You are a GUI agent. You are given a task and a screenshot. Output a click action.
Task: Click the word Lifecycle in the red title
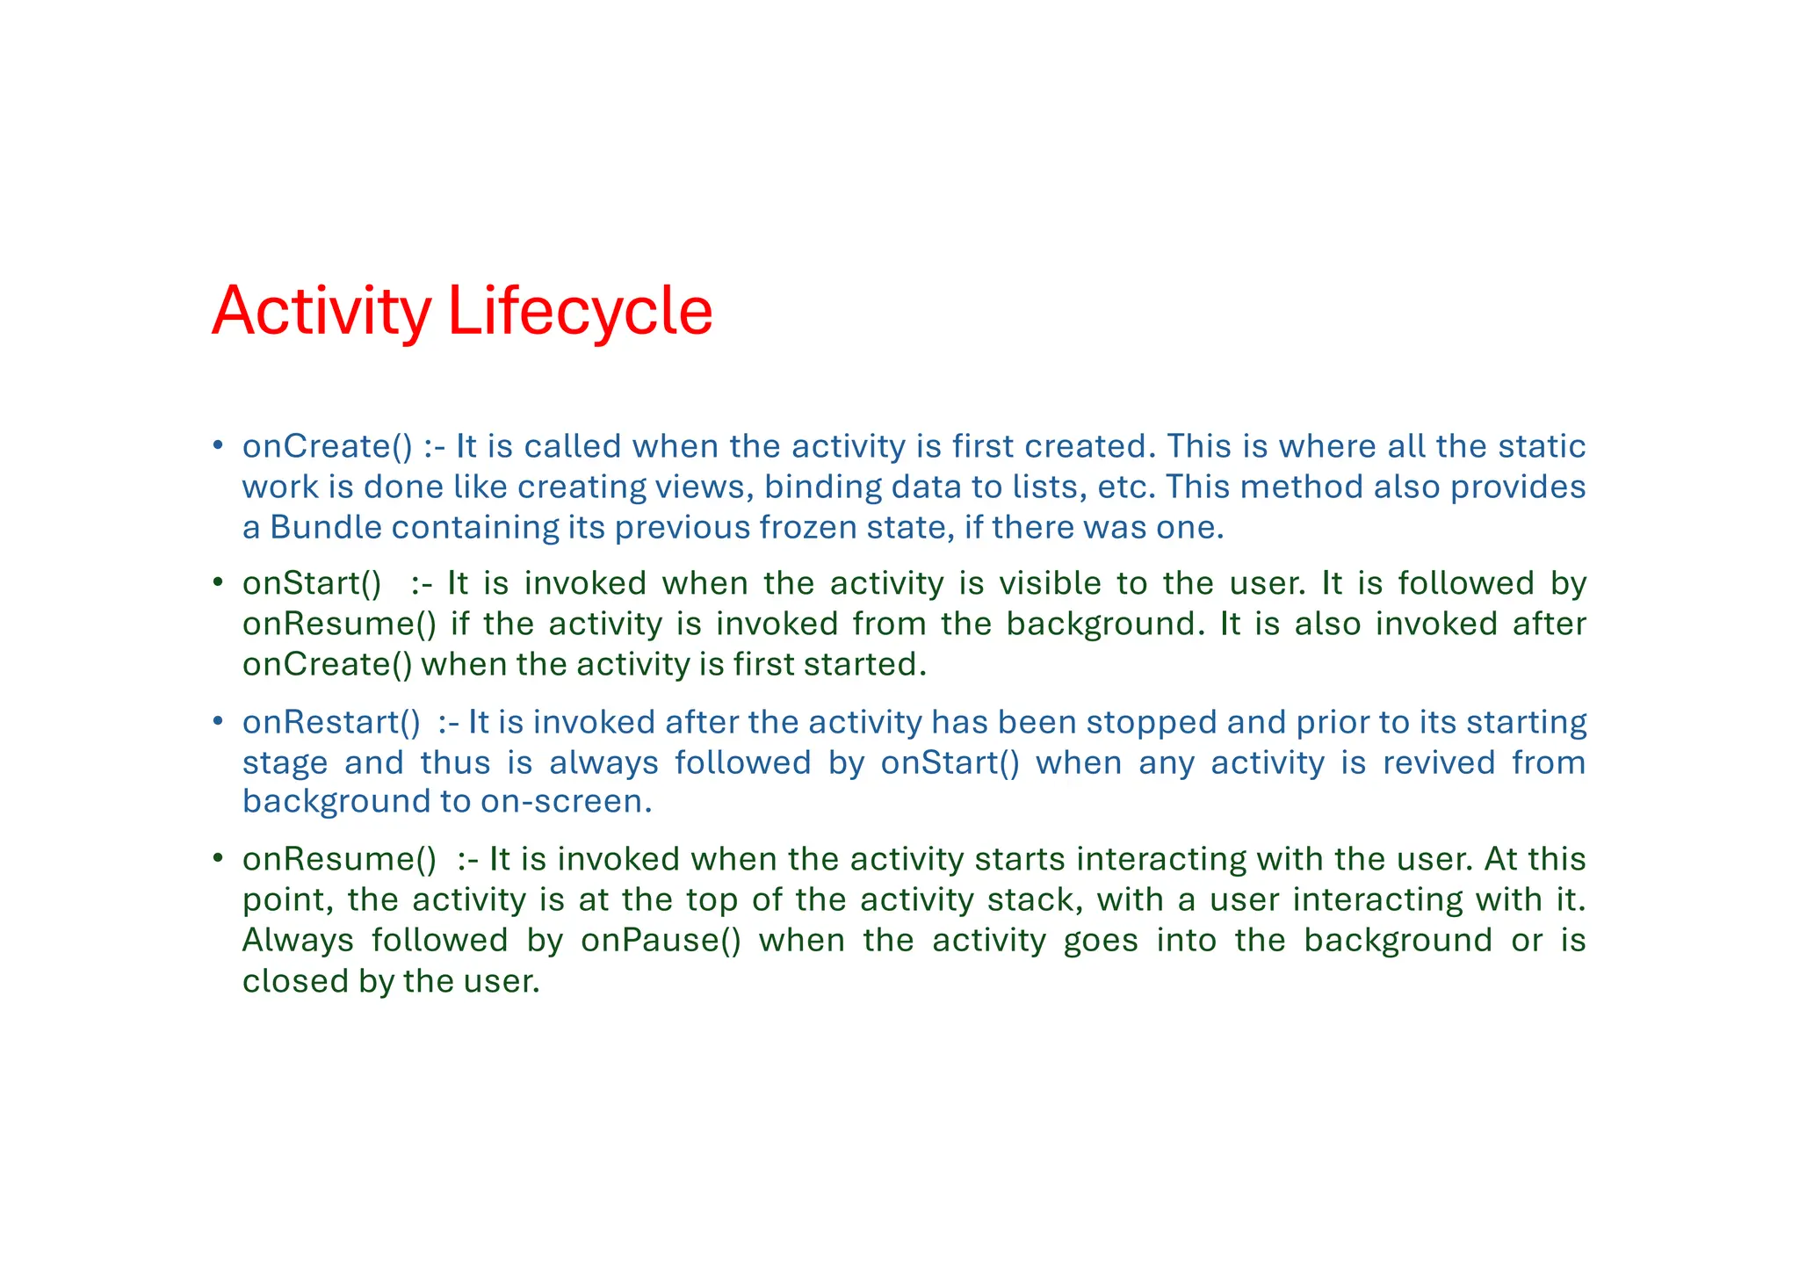click(x=580, y=312)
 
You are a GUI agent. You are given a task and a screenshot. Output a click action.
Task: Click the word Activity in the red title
click(x=322, y=312)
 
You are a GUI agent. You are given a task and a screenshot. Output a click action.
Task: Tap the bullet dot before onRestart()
click(x=217, y=721)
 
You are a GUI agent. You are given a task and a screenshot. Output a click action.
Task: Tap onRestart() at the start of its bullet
click(x=331, y=722)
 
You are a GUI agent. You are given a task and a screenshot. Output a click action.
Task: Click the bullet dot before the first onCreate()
click(x=217, y=445)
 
